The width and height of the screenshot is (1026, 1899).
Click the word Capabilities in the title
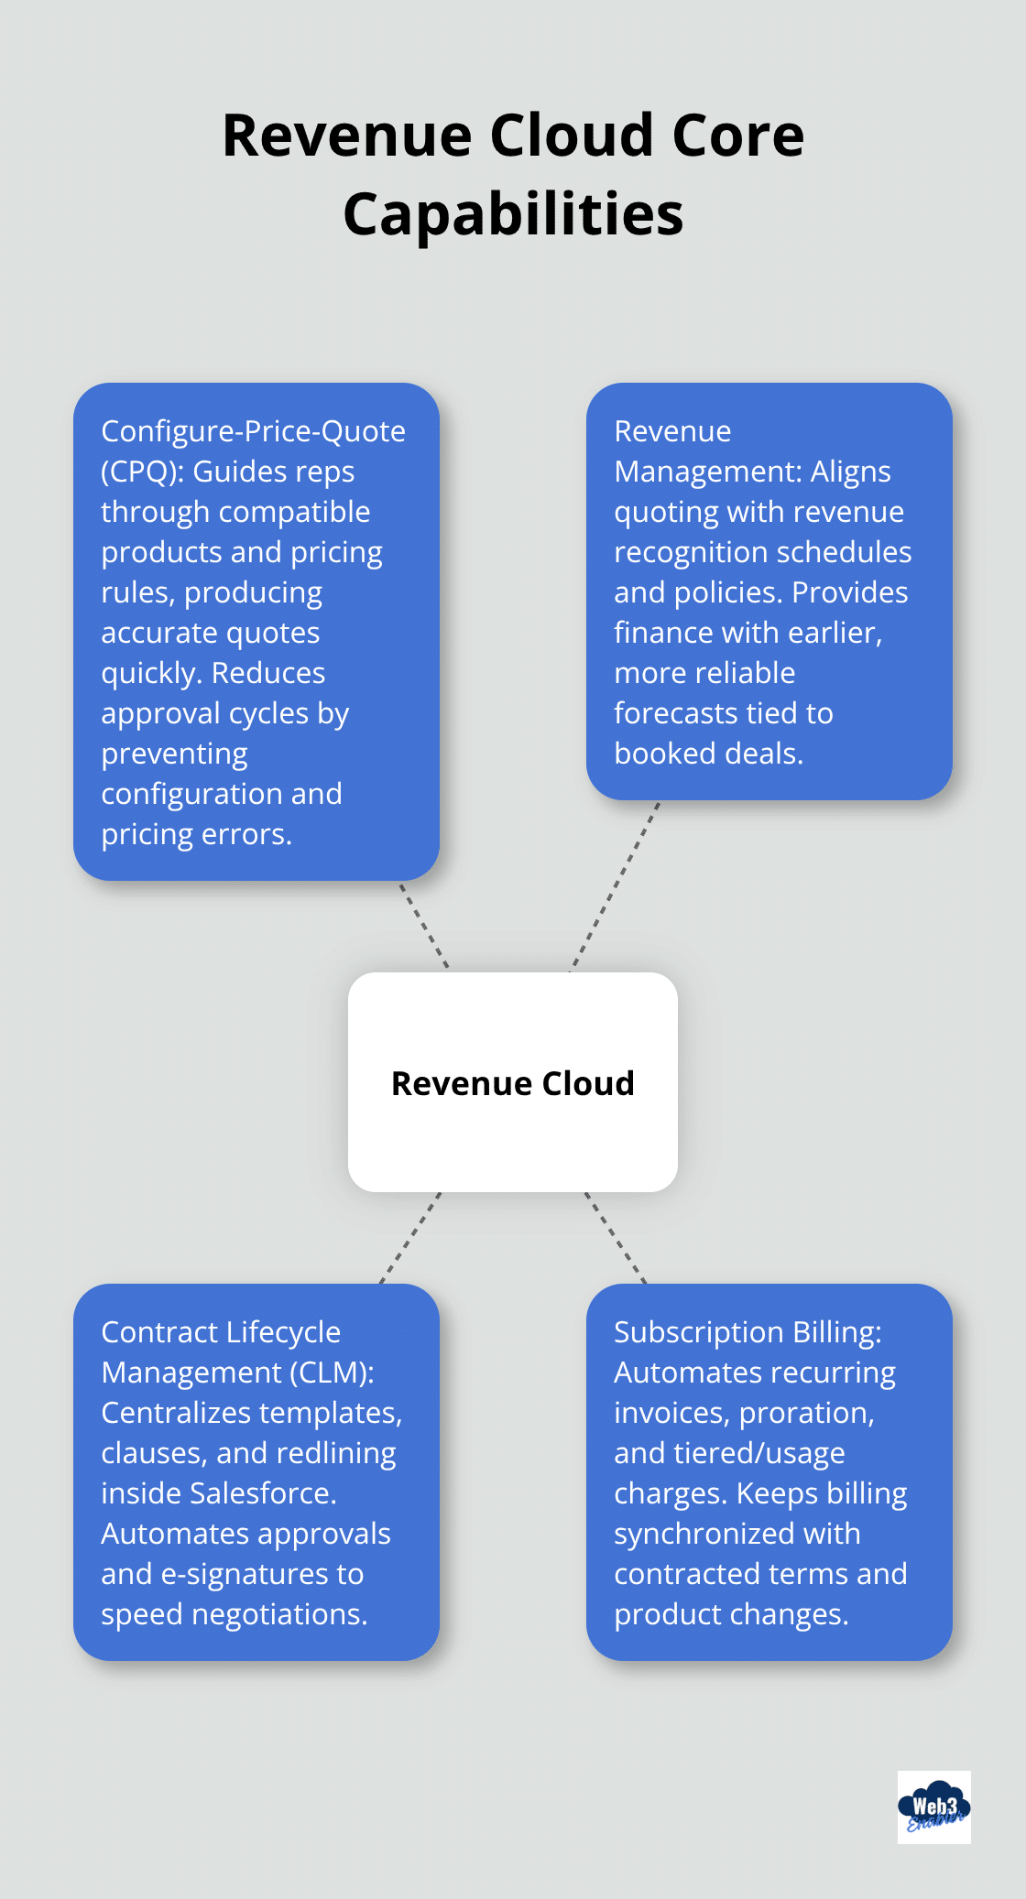coord(513,215)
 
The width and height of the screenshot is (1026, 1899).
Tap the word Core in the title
coord(737,136)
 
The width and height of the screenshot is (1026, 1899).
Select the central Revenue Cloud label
coord(513,1083)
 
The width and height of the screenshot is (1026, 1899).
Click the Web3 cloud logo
coord(933,1807)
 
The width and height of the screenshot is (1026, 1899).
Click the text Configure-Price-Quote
coord(253,431)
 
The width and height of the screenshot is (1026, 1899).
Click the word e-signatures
coord(235,1574)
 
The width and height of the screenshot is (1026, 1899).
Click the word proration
coord(806,1413)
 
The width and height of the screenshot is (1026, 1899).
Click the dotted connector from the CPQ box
coord(424,926)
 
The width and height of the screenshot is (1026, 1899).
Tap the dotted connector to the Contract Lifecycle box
coord(410,1238)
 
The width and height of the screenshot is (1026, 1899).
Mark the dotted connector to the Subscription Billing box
coord(616,1238)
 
